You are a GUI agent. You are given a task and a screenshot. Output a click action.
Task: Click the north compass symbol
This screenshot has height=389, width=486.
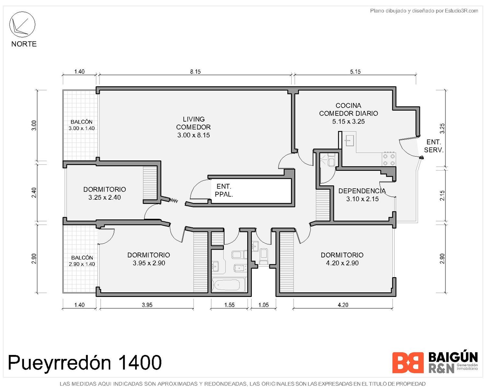[22, 24]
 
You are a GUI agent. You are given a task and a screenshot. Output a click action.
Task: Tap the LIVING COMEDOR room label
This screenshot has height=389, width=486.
[193, 127]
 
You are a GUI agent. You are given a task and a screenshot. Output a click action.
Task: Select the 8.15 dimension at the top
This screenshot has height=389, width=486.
[195, 72]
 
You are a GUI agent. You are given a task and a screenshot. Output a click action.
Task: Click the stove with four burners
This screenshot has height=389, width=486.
[389, 159]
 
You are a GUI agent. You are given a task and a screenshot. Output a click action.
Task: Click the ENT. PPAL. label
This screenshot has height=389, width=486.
[224, 190]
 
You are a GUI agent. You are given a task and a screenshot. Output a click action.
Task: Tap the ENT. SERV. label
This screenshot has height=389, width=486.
[434, 146]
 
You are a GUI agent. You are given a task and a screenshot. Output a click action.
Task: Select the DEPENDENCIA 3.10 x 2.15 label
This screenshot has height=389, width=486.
[362, 195]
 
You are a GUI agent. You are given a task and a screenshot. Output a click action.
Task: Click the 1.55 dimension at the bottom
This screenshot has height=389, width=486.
[229, 305]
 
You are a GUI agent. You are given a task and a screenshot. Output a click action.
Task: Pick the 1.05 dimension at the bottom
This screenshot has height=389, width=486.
[263, 305]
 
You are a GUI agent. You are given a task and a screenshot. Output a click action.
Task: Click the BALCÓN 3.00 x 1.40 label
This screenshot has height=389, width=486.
[82, 125]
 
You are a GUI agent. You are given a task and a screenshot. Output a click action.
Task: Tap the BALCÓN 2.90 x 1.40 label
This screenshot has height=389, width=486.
[82, 261]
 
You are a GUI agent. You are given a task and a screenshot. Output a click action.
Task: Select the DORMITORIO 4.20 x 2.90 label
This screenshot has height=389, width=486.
[342, 259]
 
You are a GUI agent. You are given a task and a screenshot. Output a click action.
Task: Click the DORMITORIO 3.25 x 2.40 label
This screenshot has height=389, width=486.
[104, 193]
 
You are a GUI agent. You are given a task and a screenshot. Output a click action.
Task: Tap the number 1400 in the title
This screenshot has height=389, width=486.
[139, 362]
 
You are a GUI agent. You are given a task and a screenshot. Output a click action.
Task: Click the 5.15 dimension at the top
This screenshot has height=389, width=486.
[355, 72]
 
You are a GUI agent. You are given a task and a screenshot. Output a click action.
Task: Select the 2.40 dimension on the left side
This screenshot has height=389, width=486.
[34, 193]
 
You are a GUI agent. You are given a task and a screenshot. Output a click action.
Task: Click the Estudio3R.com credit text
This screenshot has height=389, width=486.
[461, 11]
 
